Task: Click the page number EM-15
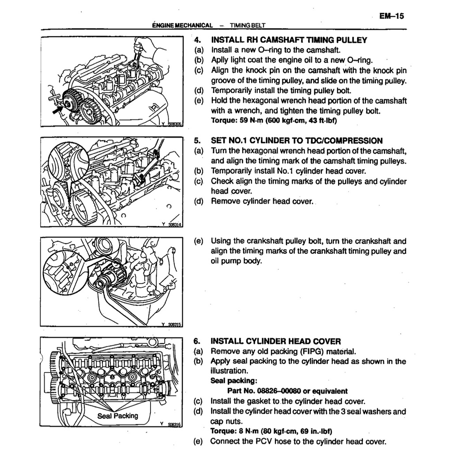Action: click(x=392, y=16)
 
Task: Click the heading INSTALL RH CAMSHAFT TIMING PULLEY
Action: click(x=289, y=40)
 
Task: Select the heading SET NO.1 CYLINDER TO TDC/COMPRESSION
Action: click(x=297, y=141)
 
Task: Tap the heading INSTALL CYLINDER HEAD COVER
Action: click(x=276, y=341)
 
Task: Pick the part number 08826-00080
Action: click(x=287, y=391)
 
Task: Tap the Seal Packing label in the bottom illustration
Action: click(x=118, y=416)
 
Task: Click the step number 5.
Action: click(x=197, y=141)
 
